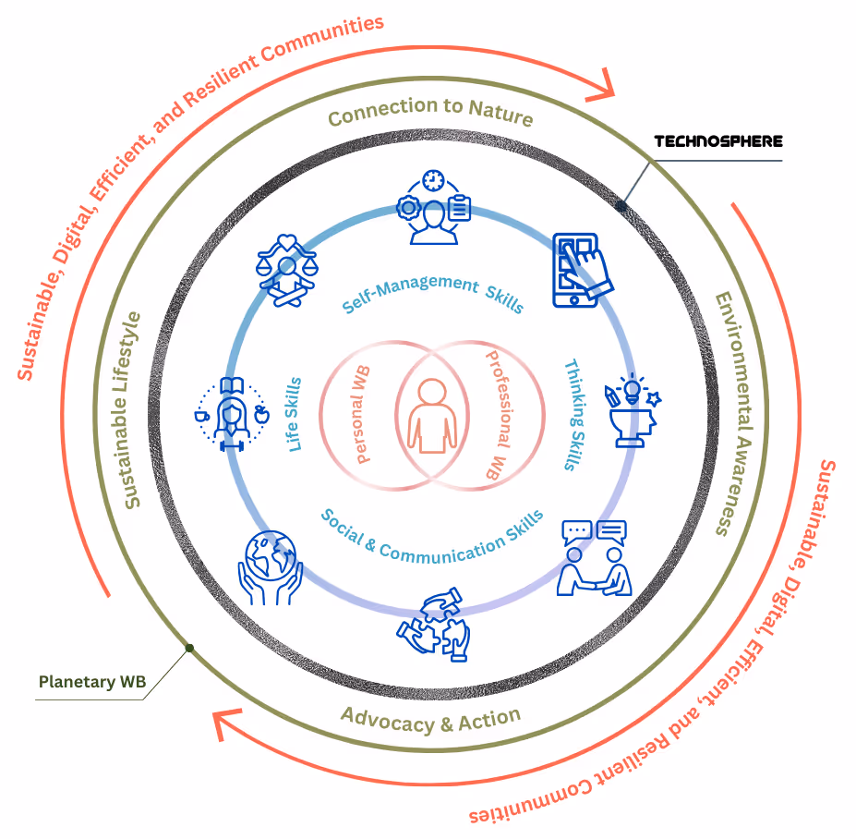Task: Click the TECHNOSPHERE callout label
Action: (717, 141)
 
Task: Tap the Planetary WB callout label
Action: (92, 683)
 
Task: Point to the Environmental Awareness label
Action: (736, 414)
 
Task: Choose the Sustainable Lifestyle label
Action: (132, 410)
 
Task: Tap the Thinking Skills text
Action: (575, 415)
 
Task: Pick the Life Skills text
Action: (295, 414)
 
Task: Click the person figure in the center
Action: (430, 417)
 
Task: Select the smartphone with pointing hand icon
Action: (581, 269)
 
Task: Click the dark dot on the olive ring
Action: (189, 648)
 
